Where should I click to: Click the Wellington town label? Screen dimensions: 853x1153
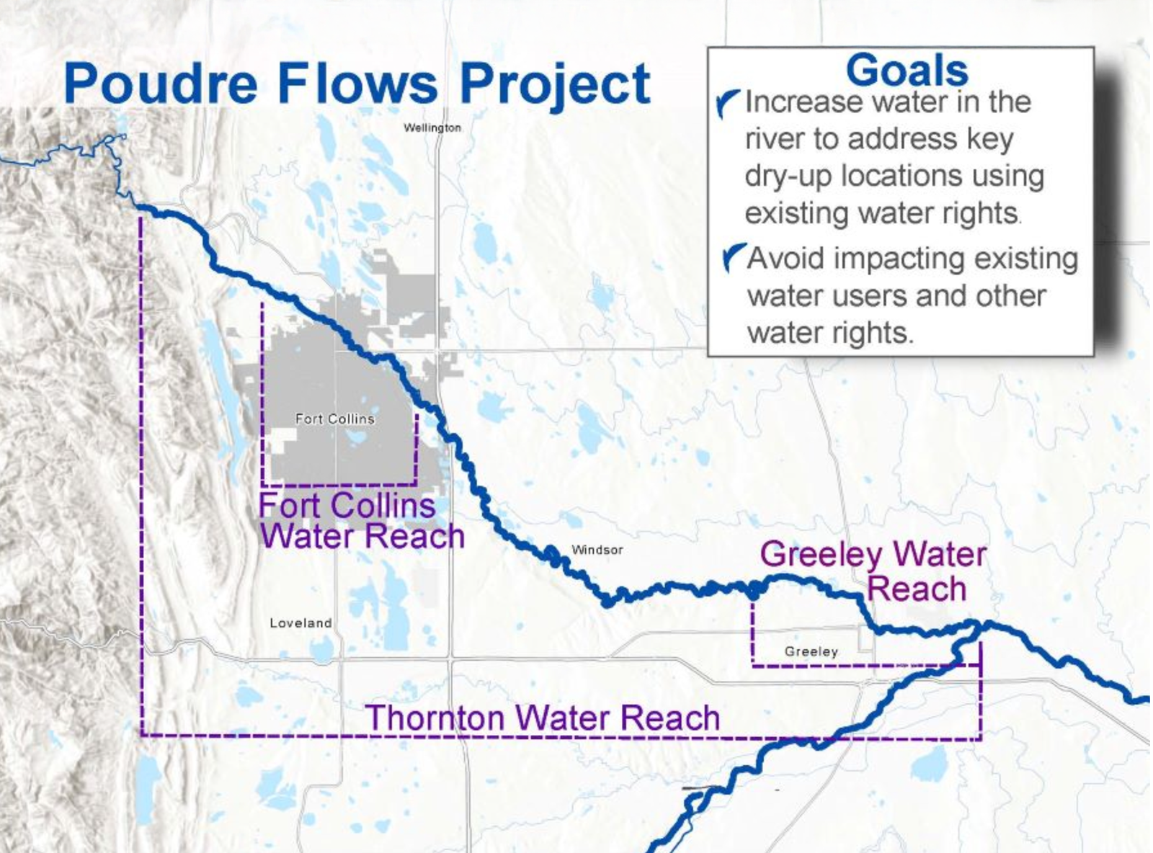pyautogui.click(x=432, y=128)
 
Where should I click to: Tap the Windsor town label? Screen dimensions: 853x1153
pyautogui.click(x=597, y=550)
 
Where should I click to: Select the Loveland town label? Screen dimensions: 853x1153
pyautogui.click(x=301, y=623)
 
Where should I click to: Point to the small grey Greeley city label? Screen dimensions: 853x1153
pyautogui.click(x=811, y=651)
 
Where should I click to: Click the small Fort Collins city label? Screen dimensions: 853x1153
pyautogui.click(x=335, y=419)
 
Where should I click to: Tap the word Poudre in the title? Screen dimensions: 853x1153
pyautogui.click(x=161, y=84)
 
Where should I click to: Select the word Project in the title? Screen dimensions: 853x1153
pyautogui.click(x=555, y=85)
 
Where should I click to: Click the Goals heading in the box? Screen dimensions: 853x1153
pyautogui.click(x=907, y=71)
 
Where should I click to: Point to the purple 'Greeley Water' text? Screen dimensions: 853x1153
pyautogui.click(x=873, y=555)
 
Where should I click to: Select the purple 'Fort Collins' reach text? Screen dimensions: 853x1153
pyautogui.click(x=347, y=505)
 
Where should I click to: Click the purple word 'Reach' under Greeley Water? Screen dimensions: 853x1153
pyautogui.click(x=916, y=589)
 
